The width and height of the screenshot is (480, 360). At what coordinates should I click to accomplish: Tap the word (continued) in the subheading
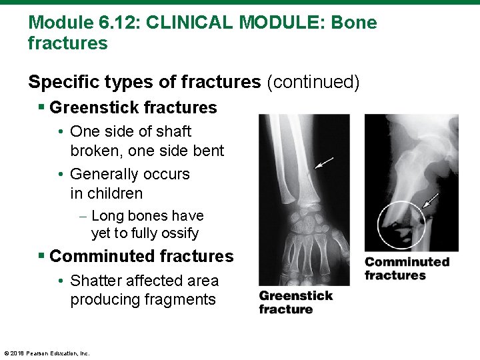pyautogui.click(x=313, y=82)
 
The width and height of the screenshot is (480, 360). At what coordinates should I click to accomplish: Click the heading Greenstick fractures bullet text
pyautogui.click(x=133, y=107)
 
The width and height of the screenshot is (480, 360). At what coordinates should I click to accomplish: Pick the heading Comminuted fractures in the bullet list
pyautogui.click(x=141, y=256)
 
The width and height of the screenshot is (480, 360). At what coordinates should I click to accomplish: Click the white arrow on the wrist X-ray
pyautogui.click(x=324, y=163)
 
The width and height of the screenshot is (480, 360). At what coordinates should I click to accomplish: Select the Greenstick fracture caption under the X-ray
pyautogui.click(x=295, y=302)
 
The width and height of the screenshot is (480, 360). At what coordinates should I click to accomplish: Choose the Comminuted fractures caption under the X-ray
pyautogui.click(x=406, y=269)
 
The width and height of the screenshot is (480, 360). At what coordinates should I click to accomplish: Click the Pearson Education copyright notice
pyautogui.click(x=47, y=353)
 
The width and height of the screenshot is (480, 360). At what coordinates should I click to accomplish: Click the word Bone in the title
pyautogui.click(x=353, y=23)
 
